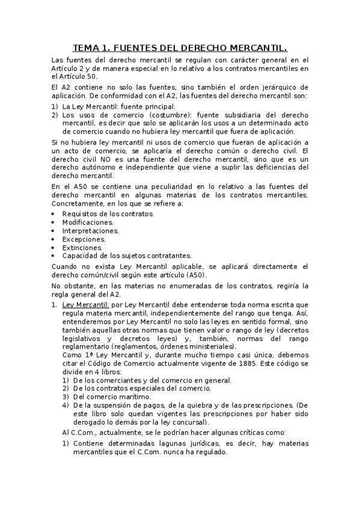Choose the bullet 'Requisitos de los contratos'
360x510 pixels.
click(x=108, y=214)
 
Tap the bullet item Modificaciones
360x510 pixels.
click(x=88, y=222)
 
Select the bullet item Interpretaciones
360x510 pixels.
click(x=90, y=230)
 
